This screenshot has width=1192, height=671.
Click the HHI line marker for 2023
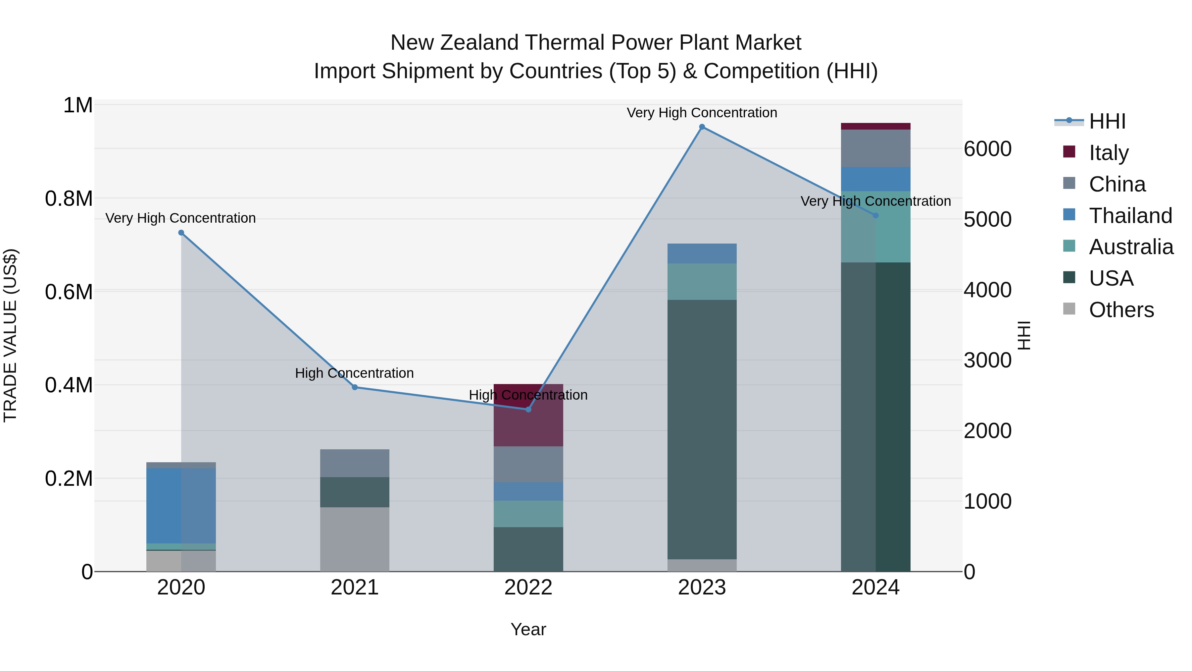pyautogui.click(x=702, y=127)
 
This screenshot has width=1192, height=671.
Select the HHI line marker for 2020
pyautogui.click(x=181, y=233)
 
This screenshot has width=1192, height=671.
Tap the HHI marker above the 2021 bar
pyautogui.click(x=354, y=387)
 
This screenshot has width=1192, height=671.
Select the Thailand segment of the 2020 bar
pyautogui.click(x=181, y=505)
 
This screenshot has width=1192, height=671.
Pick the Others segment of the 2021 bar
pyautogui.click(x=354, y=539)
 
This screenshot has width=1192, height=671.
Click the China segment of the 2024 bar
pyautogui.click(x=875, y=148)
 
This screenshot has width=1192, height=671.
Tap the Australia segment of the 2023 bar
pyautogui.click(x=702, y=282)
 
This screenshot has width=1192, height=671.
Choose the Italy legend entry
pyautogui.click(x=1108, y=152)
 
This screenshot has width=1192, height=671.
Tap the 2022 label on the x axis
pyautogui.click(x=528, y=587)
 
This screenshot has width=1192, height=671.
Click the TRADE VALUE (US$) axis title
pyautogui.click(x=10, y=335)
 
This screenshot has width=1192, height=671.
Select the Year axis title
pyautogui.click(x=528, y=629)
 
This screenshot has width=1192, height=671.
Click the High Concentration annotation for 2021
pyautogui.click(x=354, y=373)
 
